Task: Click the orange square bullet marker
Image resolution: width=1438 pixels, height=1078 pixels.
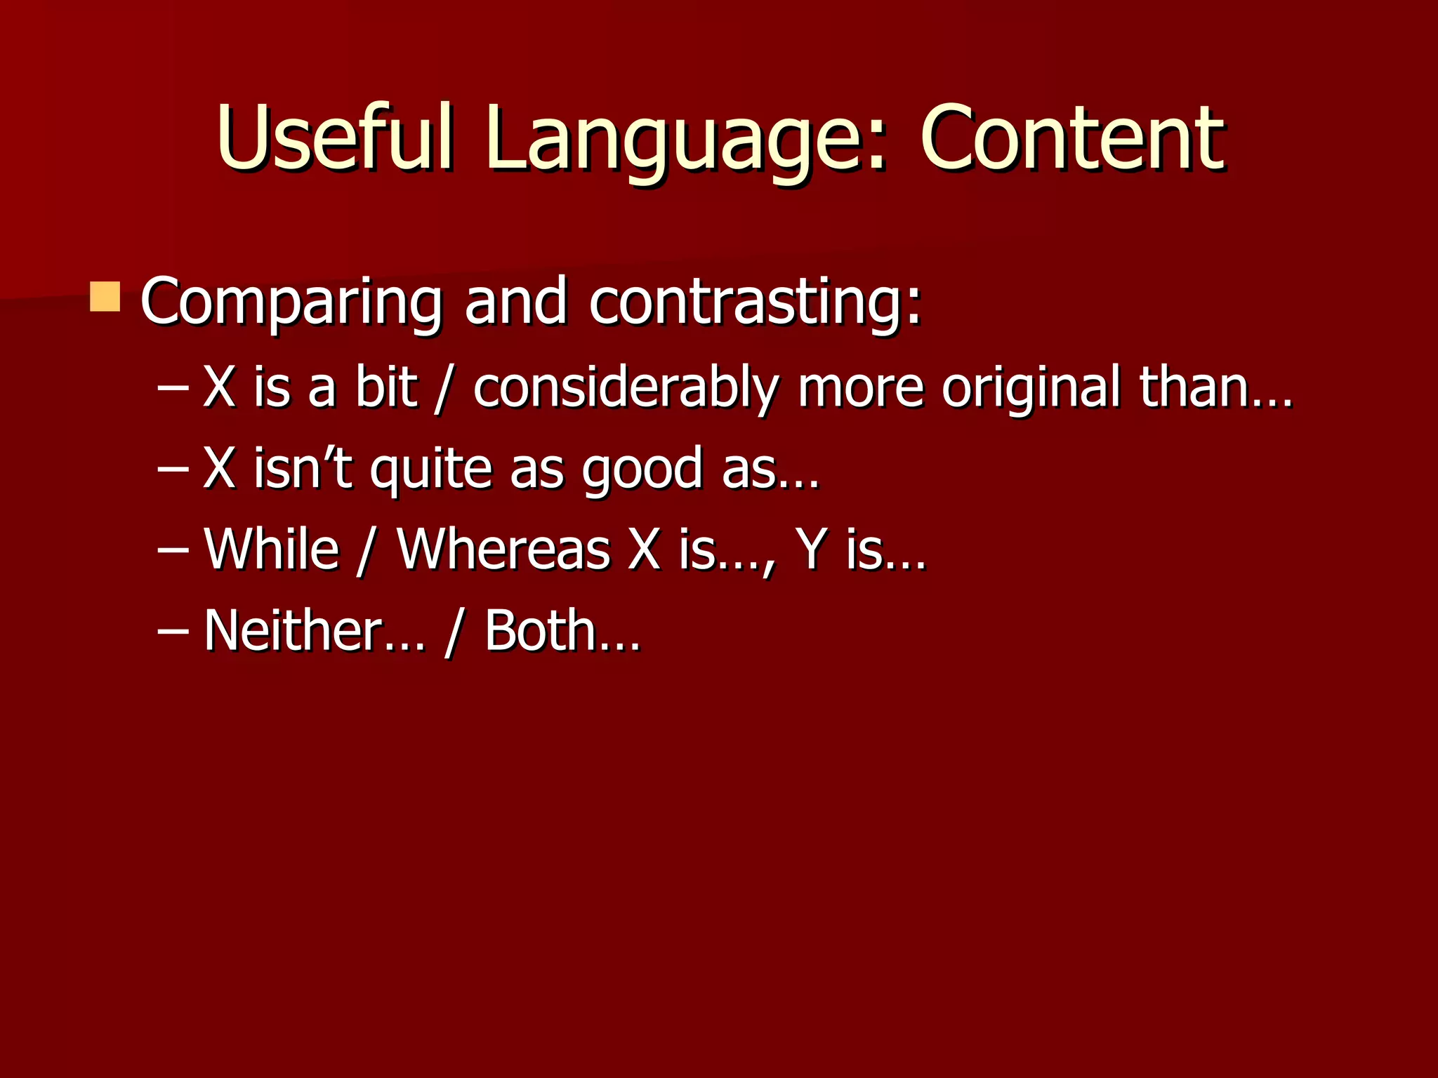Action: point(105,296)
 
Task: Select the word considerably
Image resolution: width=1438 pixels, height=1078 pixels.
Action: point(626,388)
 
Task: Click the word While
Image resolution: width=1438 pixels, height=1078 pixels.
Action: point(272,549)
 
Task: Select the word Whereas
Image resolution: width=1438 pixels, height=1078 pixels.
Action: point(503,549)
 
